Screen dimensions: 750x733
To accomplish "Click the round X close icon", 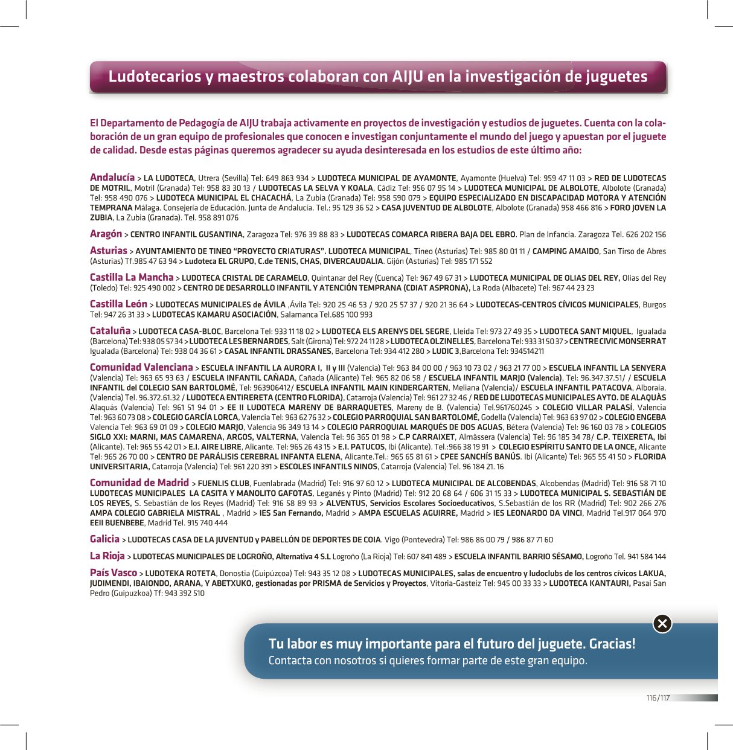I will pyautogui.click(x=662, y=623).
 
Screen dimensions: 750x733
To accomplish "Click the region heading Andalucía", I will pyautogui.click(x=112, y=178).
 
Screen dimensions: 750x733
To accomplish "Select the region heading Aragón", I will pyautogui.click(x=106, y=234).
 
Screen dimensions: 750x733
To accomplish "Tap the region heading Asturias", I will pyautogui.click(x=109, y=251).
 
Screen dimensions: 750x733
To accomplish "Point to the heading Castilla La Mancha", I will pyautogui.click(x=132, y=277).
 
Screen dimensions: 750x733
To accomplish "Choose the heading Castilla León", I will pyautogui.click(x=118, y=304).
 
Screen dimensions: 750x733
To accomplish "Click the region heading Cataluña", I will pyautogui.click(x=110, y=331).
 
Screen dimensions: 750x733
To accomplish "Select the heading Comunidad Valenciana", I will pyautogui.click(x=141, y=367).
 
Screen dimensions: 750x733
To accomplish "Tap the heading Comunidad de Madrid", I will pyautogui.click(x=139, y=482).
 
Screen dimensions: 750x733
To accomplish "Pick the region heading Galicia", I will pyautogui.click(x=104, y=539).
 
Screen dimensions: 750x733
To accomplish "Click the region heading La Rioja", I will pyautogui.click(x=107, y=556).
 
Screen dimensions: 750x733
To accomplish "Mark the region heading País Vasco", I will pyautogui.click(x=114, y=572).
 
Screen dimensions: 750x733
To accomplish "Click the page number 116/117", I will pyautogui.click(x=658, y=698).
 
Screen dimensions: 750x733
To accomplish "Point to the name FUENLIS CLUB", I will pyautogui.click(x=223, y=484).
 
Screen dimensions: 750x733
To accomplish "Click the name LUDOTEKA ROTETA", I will pyautogui.click(x=180, y=574).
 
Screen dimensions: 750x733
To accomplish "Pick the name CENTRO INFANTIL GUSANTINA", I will pyautogui.click(x=187, y=235).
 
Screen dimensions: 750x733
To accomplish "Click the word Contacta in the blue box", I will pyautogui.click(x=289, y=661).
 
